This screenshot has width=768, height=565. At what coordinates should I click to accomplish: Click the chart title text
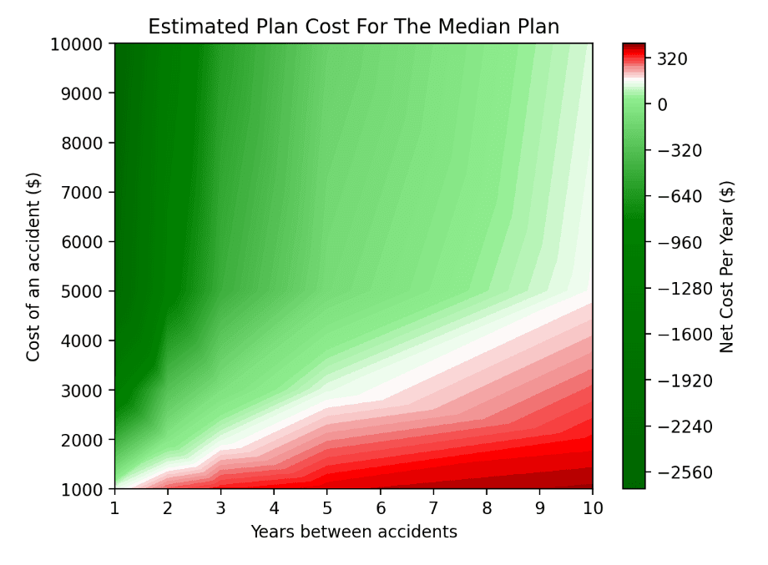[353, 27]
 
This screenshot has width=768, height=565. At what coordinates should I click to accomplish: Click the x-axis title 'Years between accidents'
[353, 532]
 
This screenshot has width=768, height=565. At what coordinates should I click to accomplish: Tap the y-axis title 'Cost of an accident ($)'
[33, 266]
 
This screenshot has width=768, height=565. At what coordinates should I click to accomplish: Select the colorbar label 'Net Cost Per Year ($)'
[727, 266]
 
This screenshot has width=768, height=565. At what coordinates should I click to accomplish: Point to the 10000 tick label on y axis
[81, 44]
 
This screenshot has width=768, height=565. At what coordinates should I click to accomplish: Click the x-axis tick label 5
[327, 507]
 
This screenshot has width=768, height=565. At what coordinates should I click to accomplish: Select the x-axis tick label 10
[593, 507]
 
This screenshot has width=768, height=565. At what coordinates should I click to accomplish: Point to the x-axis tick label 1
[114, 507]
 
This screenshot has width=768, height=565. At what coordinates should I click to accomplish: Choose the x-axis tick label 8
[487, 507]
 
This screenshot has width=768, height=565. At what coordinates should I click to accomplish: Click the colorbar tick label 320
[673, 59]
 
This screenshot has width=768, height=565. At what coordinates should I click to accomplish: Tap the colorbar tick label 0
[663, 105]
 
